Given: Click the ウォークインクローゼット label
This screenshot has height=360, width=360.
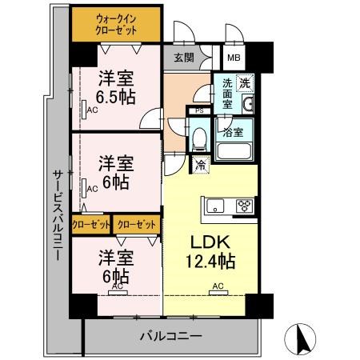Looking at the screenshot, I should [x=116, y=23].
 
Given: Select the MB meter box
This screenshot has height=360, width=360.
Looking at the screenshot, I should [x=234, y=57].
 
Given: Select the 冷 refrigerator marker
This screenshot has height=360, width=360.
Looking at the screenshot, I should [x=198, y=166].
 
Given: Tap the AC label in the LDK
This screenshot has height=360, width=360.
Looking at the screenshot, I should [x=217, y=286].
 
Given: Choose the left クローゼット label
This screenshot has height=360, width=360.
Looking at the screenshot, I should [x=91, y=224].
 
